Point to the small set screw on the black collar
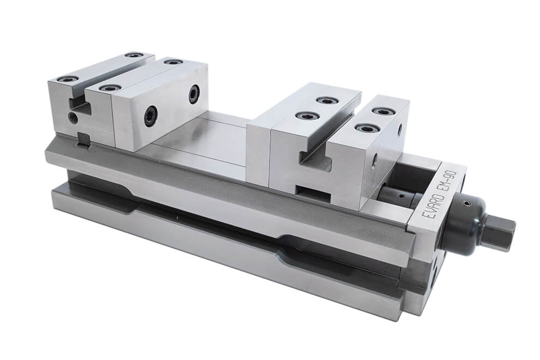(466, 205)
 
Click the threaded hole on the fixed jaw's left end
(74, 117)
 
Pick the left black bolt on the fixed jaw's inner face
(151, 116)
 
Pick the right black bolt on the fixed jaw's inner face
(194, 94)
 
